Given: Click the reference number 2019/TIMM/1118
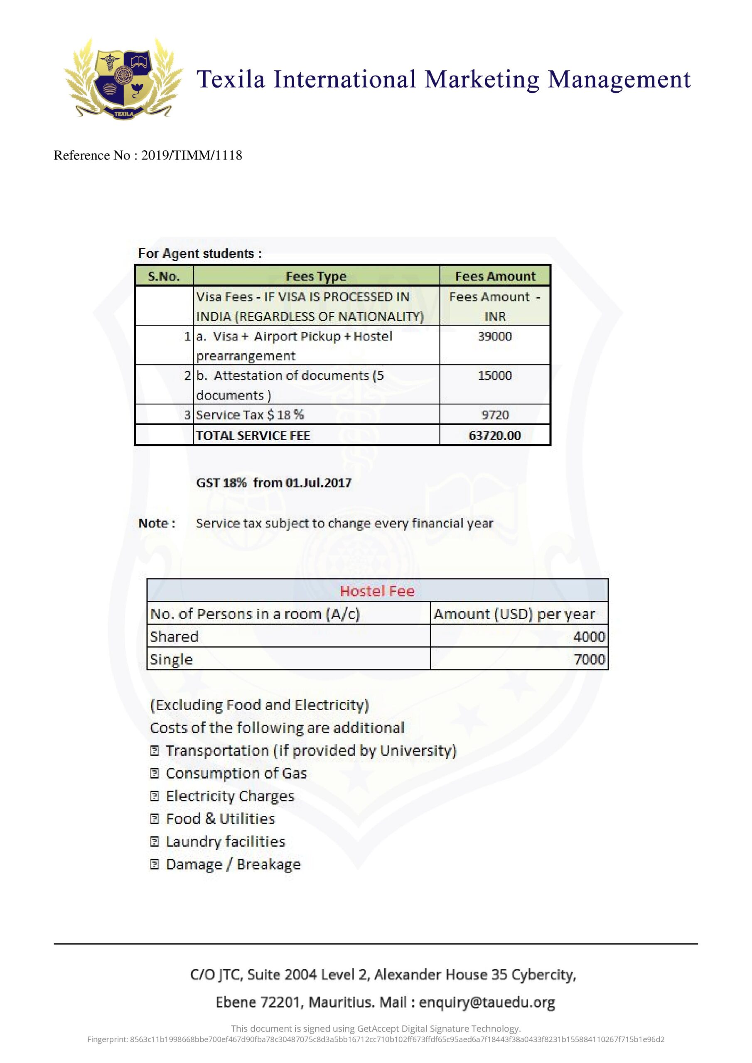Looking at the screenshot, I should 192,155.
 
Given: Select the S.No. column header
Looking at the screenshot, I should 164,277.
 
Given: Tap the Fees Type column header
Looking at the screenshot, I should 316,277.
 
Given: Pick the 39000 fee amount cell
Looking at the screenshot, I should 495,337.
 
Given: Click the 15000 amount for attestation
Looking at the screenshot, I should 495,375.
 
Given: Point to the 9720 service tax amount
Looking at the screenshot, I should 495,415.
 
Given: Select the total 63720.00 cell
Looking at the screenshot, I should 495,436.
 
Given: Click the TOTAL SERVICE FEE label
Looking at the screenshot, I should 253,436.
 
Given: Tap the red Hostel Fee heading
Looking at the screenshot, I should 377,591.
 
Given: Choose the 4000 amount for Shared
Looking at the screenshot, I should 589,637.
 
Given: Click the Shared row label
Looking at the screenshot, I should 174,637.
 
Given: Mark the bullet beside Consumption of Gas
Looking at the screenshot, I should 155,773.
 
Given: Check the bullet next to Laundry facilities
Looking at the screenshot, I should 155,841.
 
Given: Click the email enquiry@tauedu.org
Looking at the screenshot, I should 487,1002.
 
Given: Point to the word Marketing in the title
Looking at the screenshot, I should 482,79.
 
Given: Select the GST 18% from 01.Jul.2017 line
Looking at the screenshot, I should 274,483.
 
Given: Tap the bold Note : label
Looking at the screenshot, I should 157,524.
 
